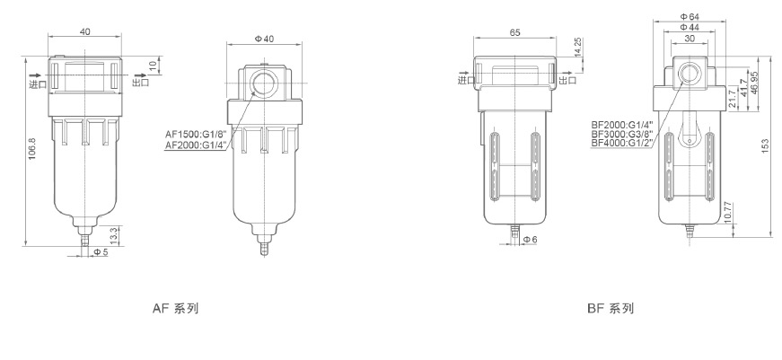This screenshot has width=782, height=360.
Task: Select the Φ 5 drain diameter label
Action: [101, 251]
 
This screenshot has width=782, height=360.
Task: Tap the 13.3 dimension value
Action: [114, 235]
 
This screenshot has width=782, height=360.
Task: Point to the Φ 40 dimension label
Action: [264, 40]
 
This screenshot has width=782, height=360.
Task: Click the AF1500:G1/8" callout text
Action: [196, 135]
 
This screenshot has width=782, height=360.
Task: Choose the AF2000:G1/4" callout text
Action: [196, 145]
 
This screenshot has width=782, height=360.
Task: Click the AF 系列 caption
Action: [176, 309]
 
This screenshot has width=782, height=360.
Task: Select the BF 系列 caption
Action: [611, 309]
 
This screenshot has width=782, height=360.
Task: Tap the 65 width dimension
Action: [515, 33]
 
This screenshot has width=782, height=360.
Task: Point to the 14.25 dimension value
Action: [578, 48]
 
